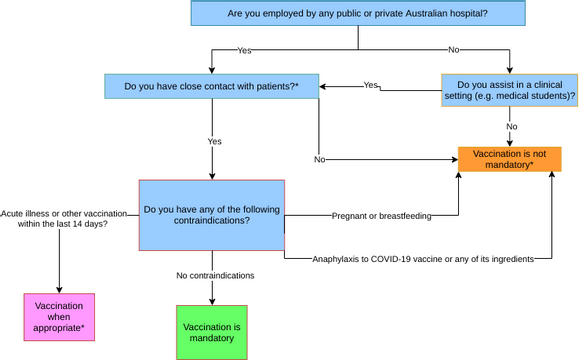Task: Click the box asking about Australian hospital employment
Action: (x=358, y=13)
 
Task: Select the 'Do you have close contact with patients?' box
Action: (x=211, y=86)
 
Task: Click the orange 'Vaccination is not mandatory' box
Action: (x=509, y=159)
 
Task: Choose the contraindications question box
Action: (x=211, y=215)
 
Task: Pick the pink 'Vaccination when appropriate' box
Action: (x=59, y=317)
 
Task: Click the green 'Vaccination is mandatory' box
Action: (x=211, y=332)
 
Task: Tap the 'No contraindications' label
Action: (x=215, y=275)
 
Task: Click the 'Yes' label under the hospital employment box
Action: (x=244, y=50)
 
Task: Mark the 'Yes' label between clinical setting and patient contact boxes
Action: (x=371, y=85)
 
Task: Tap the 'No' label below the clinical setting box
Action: (x=511, y=127)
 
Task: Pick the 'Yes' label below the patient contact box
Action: (x=214, y=142)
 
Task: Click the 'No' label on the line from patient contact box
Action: (x=319, y=159)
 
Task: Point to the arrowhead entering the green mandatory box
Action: (x=211, y=301)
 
